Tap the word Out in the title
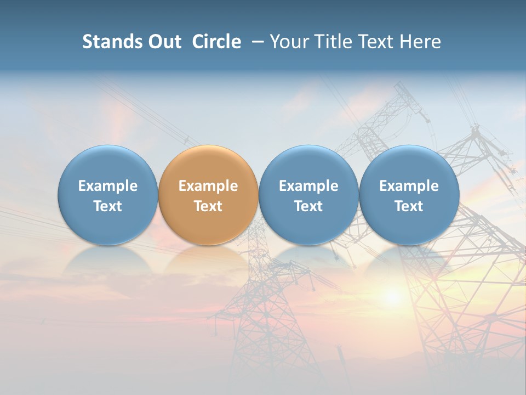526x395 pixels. tap(164, 42)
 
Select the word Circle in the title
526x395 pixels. tap(216, 42)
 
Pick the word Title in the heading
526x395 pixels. tap(333, 42)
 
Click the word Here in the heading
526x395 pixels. tap(420, 42)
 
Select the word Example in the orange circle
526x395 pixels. tap(208, 186)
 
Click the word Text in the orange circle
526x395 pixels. tap(208, 206)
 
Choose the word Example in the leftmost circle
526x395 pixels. tap(108, 186)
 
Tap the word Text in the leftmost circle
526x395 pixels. tap(108, 206)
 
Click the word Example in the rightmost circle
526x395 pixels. tap(409, 186)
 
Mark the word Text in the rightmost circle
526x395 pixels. tap(409, 206)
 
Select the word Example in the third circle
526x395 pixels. tap(308, 186)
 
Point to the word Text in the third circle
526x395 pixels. tap(308, 206)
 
